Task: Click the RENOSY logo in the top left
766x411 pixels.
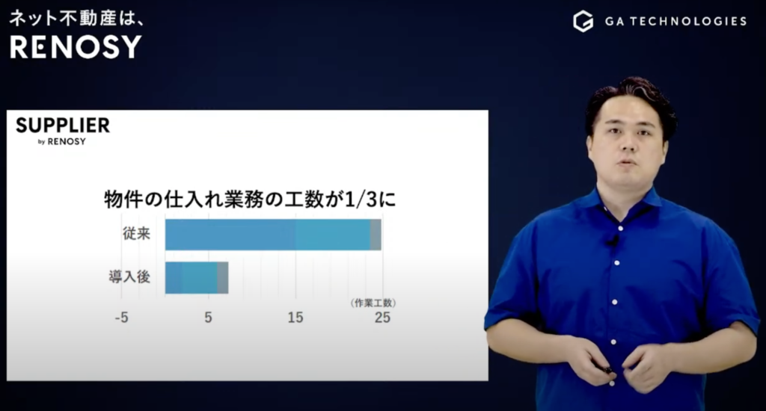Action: tap(75, 46)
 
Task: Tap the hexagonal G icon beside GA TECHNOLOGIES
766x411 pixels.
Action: tap(583, 21)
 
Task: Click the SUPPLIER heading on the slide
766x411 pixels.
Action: tap(63, 125)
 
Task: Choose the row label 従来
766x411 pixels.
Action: tap(136, 233)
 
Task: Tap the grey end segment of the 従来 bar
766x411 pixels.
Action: tap(376, 235)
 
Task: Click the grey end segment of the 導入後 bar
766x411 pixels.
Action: tap(223, 277)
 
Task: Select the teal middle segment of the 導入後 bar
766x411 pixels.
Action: tap(200, 277)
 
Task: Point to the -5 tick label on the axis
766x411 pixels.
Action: tap(121, 317)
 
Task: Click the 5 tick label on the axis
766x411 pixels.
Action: tap(209, 317)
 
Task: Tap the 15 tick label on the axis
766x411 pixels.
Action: tap(295, 317)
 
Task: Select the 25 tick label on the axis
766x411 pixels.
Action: tap(382, 317)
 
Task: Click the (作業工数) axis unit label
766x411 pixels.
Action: tap(373, 303)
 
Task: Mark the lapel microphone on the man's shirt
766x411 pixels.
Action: tap(612, 241)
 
